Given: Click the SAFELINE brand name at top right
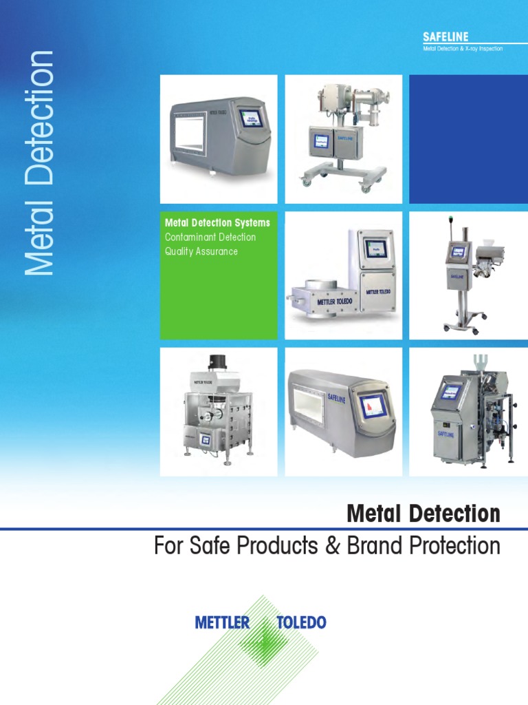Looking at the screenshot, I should coord(445,36).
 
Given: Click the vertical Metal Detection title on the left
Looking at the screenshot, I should coord(38,163).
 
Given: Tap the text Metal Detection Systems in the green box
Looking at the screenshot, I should coord(217,223).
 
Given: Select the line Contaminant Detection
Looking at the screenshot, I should coord(210,238).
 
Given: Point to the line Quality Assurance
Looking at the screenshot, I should coord(201,252).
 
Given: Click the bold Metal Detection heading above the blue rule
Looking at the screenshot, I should coord(423,514).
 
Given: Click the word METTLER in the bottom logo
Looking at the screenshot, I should coord(222,623).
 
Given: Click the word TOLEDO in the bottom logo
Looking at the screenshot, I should coord(301,623).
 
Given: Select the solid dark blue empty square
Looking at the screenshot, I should coord(468,139).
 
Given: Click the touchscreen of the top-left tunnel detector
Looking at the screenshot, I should coord(250,117).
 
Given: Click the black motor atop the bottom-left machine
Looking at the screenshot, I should coord(218,362).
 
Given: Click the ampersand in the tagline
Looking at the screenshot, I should coord(332,547).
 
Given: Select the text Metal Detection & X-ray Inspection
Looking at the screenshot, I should coord(463,49).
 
